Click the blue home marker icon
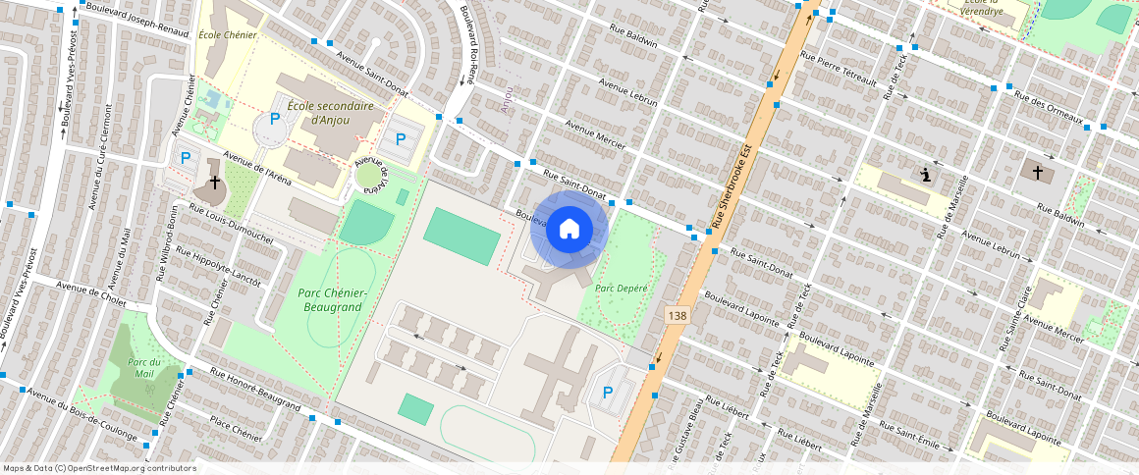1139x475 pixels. [x=569, y=230]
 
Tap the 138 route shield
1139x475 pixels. [x=677, y=315]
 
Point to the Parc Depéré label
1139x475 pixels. [x=620, y=288]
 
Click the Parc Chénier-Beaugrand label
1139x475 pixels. [x=332, y=300]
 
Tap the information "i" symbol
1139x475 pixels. [x=925, y=175]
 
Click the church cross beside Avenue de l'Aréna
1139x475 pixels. [x=214, y=184]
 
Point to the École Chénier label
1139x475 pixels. [x=227, y=35]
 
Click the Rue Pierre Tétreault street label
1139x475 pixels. [x=839, y=68]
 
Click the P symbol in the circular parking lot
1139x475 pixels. [x=275, y=119]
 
